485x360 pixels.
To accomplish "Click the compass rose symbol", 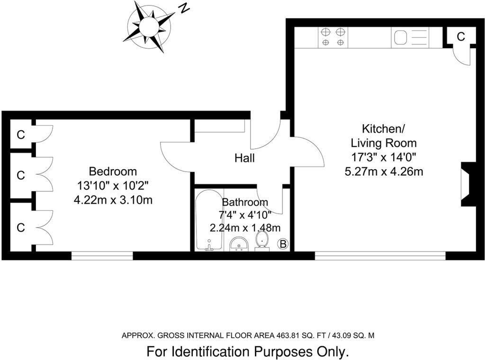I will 148,26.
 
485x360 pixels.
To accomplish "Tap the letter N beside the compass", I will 184,8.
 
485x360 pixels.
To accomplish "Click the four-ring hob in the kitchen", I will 333,37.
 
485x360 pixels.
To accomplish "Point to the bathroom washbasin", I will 240,244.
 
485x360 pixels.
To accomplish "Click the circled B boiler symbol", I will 283,244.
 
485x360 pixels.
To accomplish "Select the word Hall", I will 244,158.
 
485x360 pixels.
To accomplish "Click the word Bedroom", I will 113,171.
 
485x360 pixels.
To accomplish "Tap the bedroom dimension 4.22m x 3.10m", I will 113,200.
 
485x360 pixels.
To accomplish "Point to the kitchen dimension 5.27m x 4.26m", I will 384,171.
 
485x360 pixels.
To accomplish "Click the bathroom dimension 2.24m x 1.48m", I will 245,227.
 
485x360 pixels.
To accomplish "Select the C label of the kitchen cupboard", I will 460,36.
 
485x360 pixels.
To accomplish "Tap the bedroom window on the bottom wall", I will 102,256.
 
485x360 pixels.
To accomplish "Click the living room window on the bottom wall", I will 380,256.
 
